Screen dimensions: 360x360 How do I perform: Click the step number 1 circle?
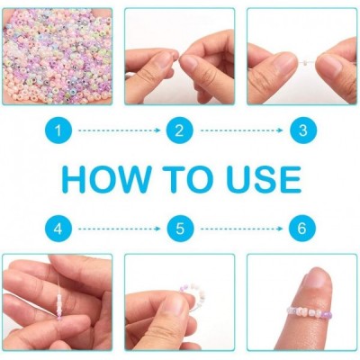tap(58, 130)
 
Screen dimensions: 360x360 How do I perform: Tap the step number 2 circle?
tap(180, 130)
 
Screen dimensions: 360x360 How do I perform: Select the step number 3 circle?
tap(303, 130)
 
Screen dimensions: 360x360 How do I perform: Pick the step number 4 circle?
tap(58, 229)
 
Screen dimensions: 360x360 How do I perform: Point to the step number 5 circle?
tap(180, 229)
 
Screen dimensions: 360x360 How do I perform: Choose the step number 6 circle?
tap(302, 229)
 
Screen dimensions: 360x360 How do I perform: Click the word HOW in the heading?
tap(104, 179)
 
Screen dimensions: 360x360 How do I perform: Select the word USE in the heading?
tap(264, 179)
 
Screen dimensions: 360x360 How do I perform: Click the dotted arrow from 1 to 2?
tap(120, 130)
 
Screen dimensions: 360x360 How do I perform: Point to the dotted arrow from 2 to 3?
tap(241, 130)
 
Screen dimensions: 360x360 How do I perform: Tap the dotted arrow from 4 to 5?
tap(120, 229)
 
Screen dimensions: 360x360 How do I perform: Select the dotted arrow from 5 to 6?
tap(241, 229)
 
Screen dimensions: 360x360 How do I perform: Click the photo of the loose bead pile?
tap(57, 57)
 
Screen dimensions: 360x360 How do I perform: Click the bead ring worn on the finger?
tap(309, 311)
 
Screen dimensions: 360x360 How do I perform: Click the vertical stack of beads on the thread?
tap(59, 304)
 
